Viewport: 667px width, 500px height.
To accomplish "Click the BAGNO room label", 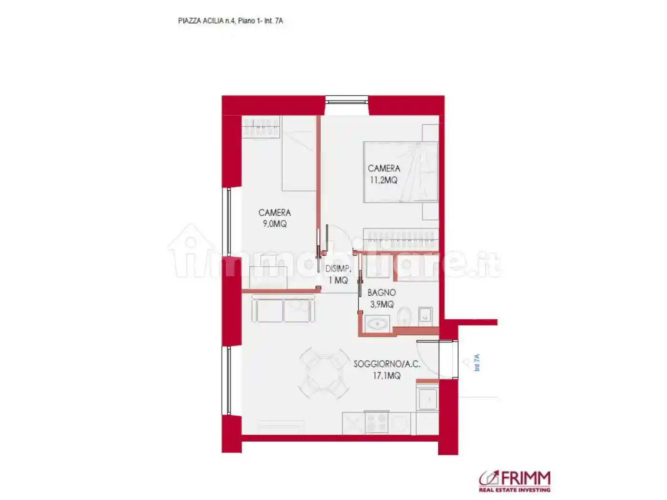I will tap(381, 293).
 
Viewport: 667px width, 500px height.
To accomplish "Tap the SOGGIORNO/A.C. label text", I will tap(386, 364).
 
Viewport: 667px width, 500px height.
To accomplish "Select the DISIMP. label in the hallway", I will tap(338, 269).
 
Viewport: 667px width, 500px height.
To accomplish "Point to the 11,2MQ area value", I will tap(384, 180).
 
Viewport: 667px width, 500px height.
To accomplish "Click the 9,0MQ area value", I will tap(275, 224).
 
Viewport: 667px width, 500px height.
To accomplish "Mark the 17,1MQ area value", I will tap(386, 376).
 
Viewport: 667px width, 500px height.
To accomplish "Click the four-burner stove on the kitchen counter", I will tap(376, 422).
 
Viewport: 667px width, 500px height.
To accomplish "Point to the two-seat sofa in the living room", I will tap(283, 310).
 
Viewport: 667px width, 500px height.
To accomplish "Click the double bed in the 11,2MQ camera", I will tap(400, 172).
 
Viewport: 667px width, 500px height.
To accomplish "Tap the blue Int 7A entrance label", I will tap(477, 362).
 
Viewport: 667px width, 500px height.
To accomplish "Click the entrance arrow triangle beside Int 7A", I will tap(466, 363).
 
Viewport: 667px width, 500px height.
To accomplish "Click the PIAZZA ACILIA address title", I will tap(230, 21).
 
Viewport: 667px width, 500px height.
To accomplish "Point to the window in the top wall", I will tap(346, 100).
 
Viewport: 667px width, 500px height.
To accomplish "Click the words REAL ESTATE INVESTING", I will tap(515, 490).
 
